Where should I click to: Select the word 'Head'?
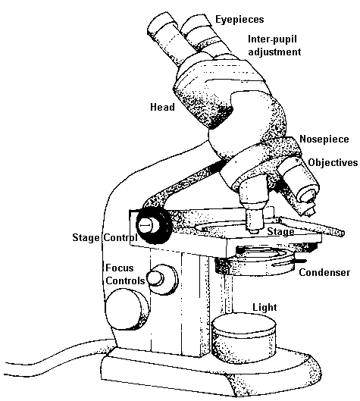pos(162,108)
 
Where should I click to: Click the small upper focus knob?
pos(158,277)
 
